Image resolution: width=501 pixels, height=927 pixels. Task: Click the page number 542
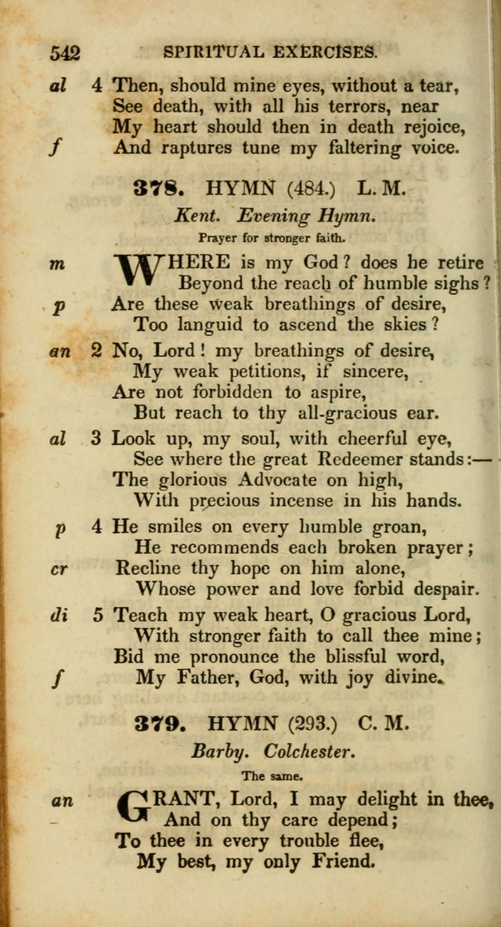[65, 53]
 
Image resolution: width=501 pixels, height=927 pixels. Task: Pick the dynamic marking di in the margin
[58, 616]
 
